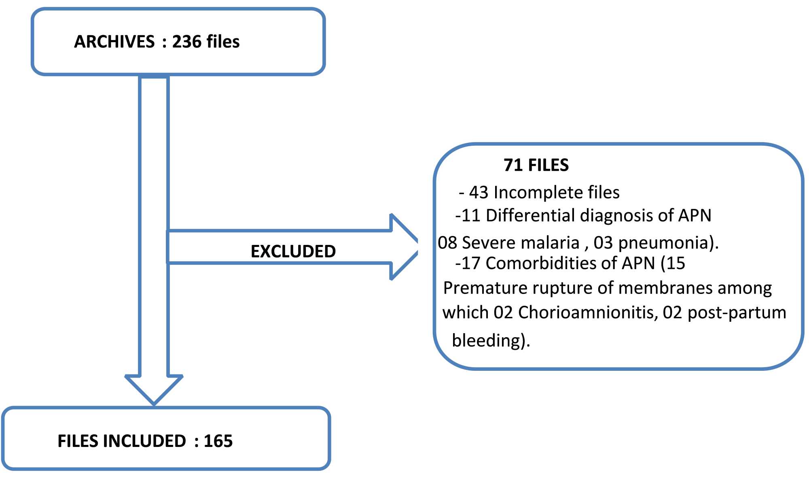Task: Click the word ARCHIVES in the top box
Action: click(x=114, y=42)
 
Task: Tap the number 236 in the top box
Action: click(x=186, y=42)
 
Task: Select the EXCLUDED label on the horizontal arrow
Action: click(x=293, y=251)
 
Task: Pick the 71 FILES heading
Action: click(x=536, y=165)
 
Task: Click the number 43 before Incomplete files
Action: click(x=479, y=193)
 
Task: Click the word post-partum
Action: click(x=737, y=313)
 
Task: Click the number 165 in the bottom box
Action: click(x=218, y=441)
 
